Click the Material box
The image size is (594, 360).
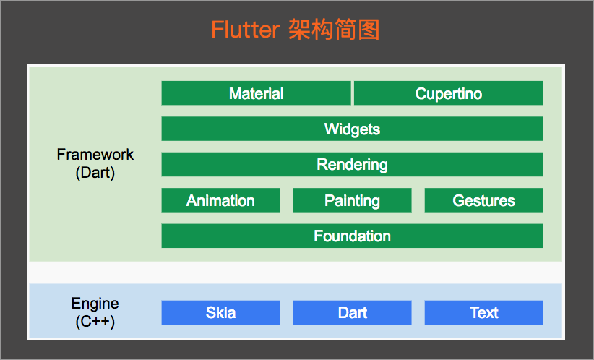point(256,93)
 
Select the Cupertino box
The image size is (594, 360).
point(448,93)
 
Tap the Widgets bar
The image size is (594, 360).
point(352,129)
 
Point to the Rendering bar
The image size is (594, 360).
point(352,164)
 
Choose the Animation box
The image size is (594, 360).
point(220,200)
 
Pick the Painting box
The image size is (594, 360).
point(352,200)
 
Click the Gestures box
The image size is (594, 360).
point(483,200)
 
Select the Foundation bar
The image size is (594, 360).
point(352,236)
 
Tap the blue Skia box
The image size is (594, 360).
point(220,312)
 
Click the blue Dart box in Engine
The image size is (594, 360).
point(352,312)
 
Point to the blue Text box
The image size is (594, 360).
point(483,312)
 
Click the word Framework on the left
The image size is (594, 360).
point(95,155)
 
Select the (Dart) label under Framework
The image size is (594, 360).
point(95,173)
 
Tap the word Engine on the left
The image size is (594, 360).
point(95,304)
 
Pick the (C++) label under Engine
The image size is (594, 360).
point(95,322)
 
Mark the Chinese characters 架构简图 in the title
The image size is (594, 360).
point(334,30)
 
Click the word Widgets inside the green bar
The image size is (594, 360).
point(352,129)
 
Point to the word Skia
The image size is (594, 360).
point(220,313)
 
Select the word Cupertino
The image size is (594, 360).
point(448,94)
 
